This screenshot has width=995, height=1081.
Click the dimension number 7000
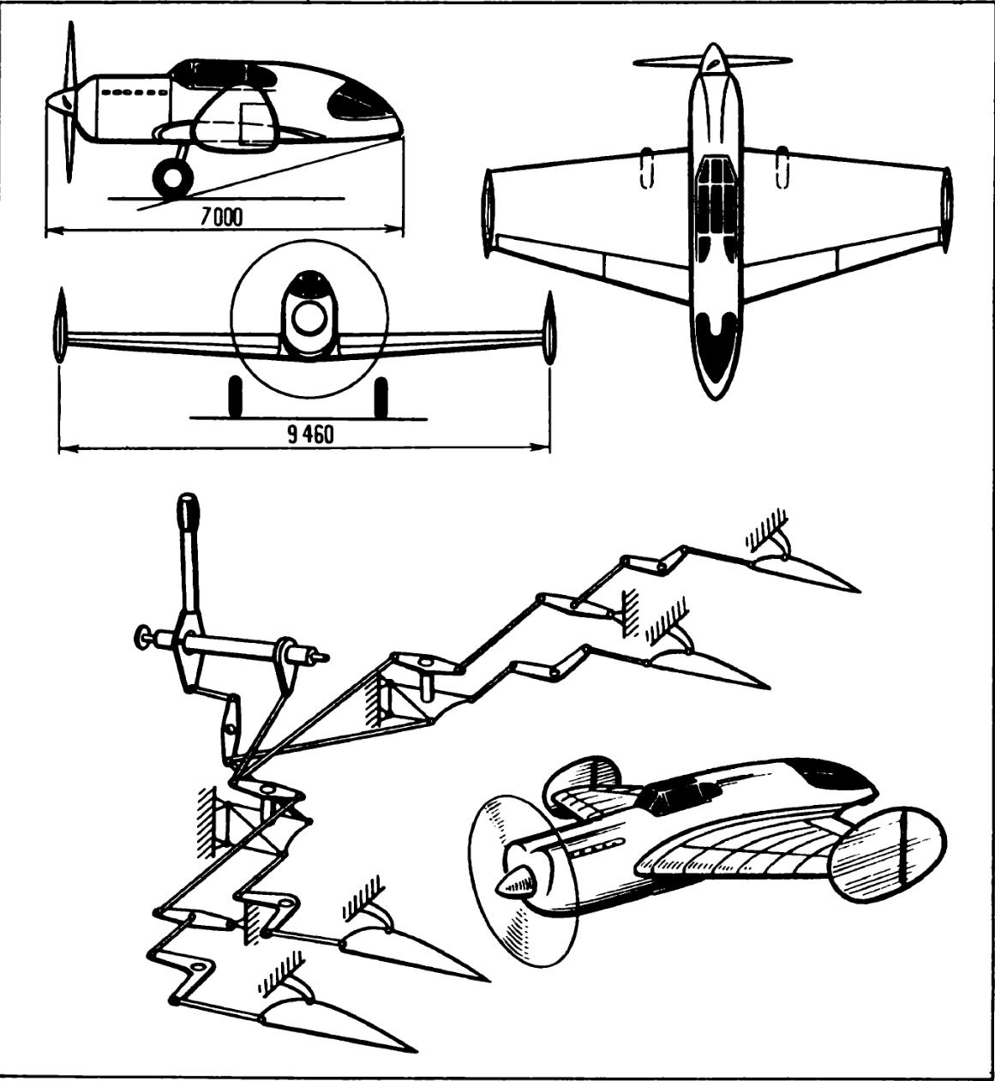pos(221,217)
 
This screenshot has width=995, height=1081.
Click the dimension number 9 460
pos(310,435)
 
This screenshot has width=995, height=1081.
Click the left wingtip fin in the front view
pos(60,330)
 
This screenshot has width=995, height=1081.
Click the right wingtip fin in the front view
pos(550,330)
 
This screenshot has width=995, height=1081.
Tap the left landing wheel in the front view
pos(232,396)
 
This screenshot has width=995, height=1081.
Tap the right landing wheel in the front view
pos(381,396)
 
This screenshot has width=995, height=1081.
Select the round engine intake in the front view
pos(306,318)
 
